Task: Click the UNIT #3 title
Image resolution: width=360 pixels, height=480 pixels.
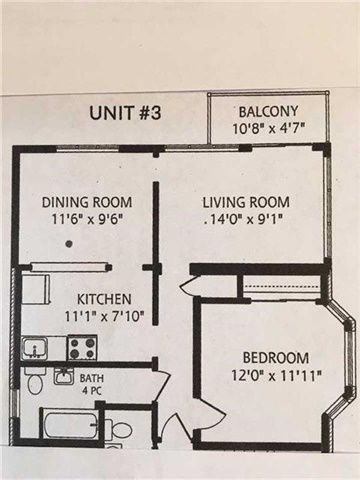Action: pyautogui.click(x=125, y=113)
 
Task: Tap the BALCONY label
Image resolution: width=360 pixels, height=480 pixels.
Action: pyautogui.click(x=269, y=111)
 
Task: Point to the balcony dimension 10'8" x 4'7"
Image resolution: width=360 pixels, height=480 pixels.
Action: pyautogui.click(x=269, y=128)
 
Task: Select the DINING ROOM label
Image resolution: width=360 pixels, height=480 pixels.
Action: pyautogui.click(x=87, y=202)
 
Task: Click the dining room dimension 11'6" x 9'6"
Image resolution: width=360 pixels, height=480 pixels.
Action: pyautogui.click(x=88, y=219)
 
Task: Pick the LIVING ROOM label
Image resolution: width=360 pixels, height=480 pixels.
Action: pyautogui.click(x=246, y=202)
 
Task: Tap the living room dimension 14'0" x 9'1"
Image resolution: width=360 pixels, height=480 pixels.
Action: pyautogui.click(x=245, y=219)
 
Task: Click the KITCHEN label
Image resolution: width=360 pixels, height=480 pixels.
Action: pyautogui.click(x=104, y=299)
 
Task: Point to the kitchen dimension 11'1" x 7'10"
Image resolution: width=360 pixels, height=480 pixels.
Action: pyautogui.click(x=104, y=316)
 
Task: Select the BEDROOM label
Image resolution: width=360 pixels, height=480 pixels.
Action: pyautogui.click(x=276, y=358)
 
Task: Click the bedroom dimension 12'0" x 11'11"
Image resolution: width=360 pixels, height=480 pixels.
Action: pyautogui.click(x=276, y=376)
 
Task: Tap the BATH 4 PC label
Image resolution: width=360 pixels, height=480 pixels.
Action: pyautogui.click(x=92, y=384)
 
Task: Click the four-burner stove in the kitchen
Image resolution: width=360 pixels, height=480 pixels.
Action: pyautogui.click(x=82, y=348)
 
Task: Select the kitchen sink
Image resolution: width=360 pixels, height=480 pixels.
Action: pyautogui.click(x=35, y=348)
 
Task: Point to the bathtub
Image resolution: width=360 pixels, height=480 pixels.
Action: pyautogui.click(x=70, y=425)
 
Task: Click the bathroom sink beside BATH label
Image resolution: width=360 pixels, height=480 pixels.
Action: pyautogui.click(x=64, y=377)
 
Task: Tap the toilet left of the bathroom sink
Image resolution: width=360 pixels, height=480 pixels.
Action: pyautogui.click(x=35, y=381)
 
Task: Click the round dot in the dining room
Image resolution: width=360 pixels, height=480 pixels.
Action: pyautogui.click(x=69, y=244)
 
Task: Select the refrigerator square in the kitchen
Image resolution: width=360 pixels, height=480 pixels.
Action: pyautogui.click(x=35, y=289)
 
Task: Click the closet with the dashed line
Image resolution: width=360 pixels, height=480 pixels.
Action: pyautogui.click(x=281, y=285)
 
